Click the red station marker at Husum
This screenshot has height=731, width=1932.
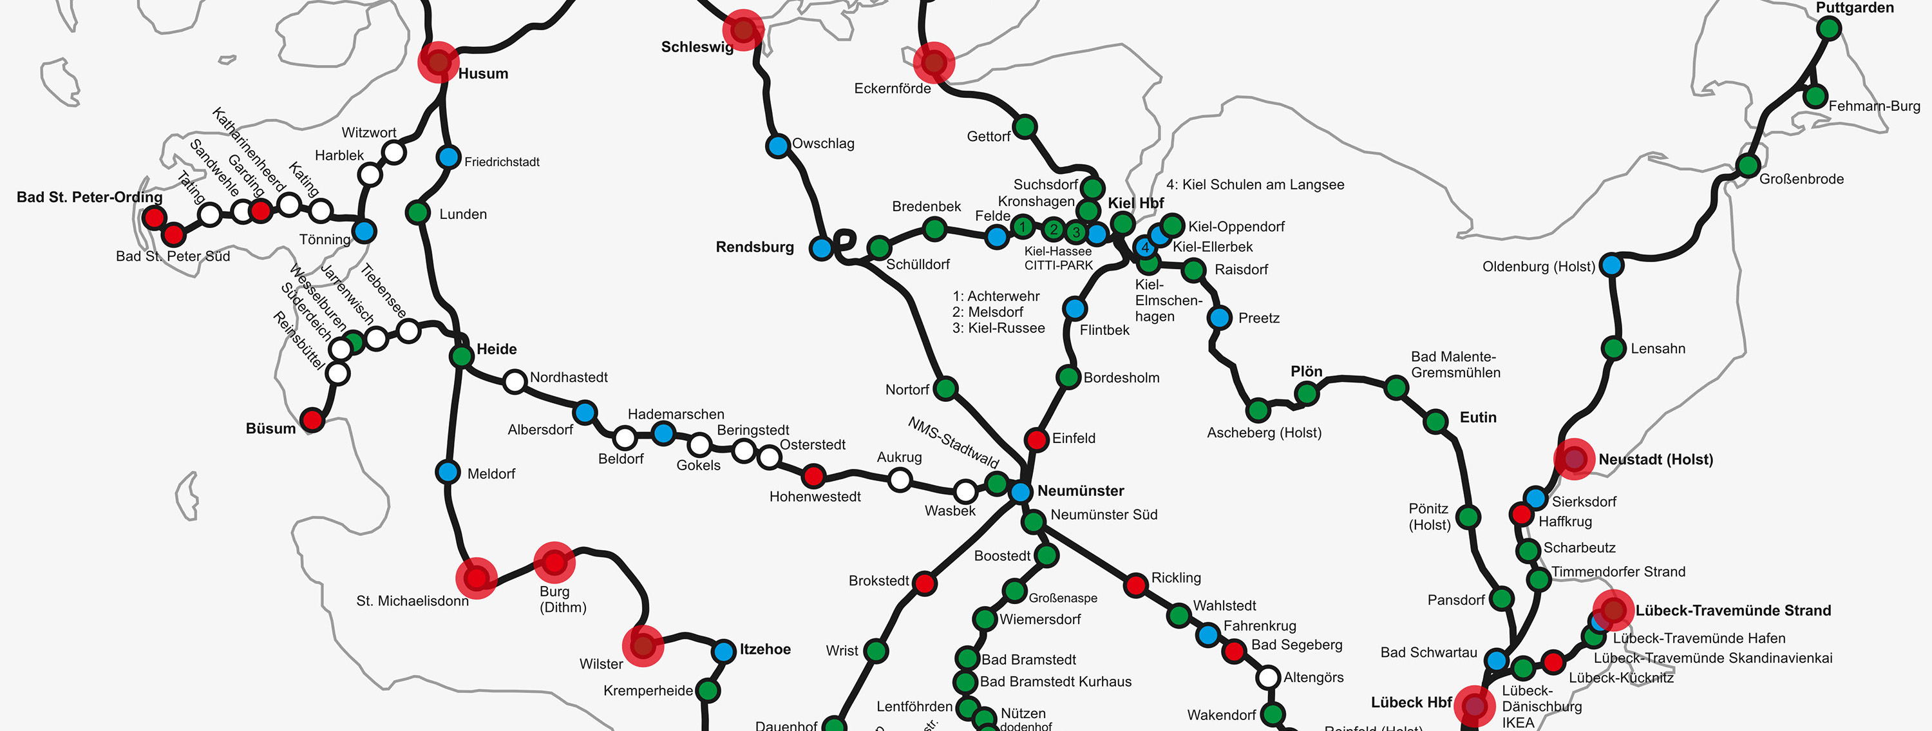point(438,61)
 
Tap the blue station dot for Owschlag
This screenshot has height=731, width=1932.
point(778,146)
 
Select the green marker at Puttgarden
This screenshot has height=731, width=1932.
point(1828,28)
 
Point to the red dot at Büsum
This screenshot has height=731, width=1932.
point(312,419)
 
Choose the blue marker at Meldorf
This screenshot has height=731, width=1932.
point(448,471)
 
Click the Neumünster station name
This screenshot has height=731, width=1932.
point(1080,491)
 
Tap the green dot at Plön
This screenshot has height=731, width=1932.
point(1306,393)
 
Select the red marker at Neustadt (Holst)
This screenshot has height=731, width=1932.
point(1573,458)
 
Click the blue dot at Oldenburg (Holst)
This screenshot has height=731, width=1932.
point(1611,265)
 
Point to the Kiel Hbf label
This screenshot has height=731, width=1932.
point(1135,203)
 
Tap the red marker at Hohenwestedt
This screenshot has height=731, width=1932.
point(813,475)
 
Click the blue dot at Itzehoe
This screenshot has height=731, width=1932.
point(724,650)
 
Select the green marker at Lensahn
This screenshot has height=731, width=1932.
point(1613,348)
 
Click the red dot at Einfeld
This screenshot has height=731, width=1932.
point(1036,439)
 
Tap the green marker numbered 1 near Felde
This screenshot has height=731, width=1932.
point(1022,227)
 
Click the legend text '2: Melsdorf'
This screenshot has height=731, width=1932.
point(988,312)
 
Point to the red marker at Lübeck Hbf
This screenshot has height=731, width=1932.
point(1475,705)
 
